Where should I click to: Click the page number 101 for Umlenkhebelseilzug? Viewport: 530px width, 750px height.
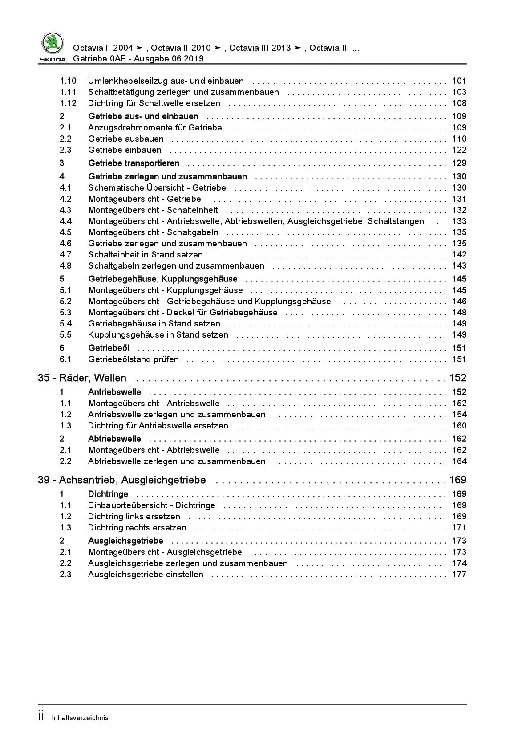[459, 81]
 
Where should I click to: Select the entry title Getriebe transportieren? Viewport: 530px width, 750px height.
[134, 163]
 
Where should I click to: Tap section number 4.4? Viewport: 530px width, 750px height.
[65, 221]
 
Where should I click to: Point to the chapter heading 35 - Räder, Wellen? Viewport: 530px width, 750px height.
[82, 378]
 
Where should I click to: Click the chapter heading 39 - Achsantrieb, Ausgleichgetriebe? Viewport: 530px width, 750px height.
[122, 480]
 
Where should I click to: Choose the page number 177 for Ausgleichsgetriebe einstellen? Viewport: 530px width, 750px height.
[459, 575]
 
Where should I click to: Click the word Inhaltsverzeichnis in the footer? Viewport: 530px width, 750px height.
[80, 718]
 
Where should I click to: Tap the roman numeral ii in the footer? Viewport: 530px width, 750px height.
[41, 717]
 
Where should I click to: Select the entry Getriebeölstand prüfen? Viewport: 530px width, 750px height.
[134, 359]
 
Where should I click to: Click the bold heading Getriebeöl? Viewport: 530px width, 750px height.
[109, 348]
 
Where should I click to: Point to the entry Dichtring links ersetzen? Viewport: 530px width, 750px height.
[134, 517]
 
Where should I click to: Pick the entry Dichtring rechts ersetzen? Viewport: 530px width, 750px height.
[137, 528]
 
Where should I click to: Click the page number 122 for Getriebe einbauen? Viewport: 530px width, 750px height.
[459, 150]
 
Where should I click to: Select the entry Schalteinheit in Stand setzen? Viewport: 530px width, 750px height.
[146, 255]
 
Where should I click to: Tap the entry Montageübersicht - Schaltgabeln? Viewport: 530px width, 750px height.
[153, 232]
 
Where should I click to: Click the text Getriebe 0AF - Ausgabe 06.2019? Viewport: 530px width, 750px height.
[138, 59]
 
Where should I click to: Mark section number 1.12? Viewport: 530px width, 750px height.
[68, 103]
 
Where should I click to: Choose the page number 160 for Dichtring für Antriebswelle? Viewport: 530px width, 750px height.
[459, 426]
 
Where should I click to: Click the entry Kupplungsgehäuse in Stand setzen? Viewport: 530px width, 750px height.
[158, 335]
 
